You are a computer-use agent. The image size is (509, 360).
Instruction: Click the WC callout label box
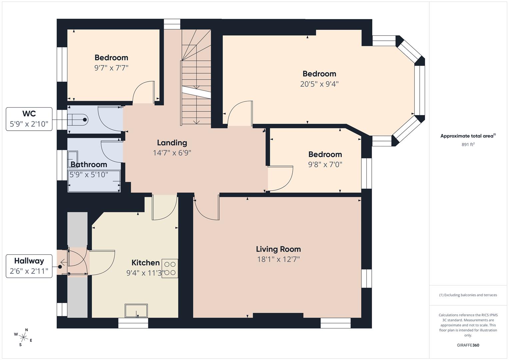tap(29, 119)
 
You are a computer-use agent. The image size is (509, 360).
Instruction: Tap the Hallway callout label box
tap(29, 266)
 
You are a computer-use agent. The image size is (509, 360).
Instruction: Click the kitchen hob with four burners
tap(170, 268)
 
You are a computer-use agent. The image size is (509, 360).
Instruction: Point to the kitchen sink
tap(136, 311)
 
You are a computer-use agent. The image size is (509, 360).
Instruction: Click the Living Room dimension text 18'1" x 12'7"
tap(278, 259)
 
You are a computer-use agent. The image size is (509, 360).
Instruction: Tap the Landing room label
tap(172, 143)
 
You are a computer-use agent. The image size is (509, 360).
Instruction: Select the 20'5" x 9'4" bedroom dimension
tap(319, 84)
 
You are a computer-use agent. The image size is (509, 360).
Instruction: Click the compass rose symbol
tap(24, 337)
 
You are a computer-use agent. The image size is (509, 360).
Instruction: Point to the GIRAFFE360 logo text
tap(468, 345)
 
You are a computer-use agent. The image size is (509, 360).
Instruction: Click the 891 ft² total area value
tap(468, 145)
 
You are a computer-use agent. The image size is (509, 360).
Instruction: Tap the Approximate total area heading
tap(468, 136)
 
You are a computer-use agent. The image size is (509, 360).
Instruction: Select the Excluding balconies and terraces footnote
tap(468, 295)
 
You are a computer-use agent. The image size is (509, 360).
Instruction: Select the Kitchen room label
tap(145, 263)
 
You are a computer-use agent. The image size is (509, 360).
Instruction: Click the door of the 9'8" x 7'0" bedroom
tap(280, 178)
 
